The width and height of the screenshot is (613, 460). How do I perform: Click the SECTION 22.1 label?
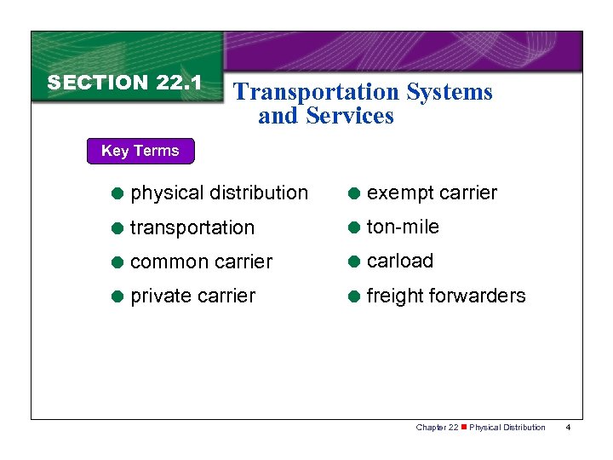[124, 83]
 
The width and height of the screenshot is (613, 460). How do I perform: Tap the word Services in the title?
[350, 116]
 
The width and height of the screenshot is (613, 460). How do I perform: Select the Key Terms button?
[140, 151]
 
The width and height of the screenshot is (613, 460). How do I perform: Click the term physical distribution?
[219, 193]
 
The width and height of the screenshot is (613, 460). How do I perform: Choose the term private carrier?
[192, 296]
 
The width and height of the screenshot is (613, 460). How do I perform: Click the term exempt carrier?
[432, 193]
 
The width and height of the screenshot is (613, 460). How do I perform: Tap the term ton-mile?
[403, 227]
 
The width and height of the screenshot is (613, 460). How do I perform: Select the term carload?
[400, 261]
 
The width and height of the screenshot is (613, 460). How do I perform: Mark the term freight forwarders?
[446, 296]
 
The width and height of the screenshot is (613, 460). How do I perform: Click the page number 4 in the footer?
[570, 427]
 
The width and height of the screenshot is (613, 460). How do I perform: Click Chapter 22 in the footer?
[437, 427]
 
